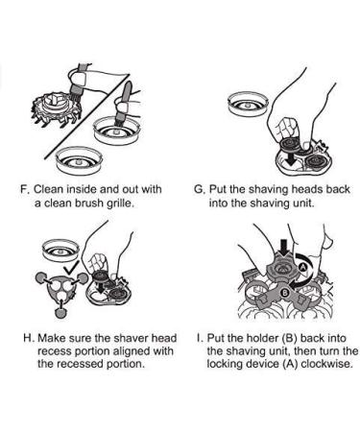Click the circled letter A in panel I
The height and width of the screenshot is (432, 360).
(x=302, y=267)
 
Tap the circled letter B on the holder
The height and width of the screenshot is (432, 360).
(x=284, y=292)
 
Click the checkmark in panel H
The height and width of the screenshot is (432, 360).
(x=72, y=267)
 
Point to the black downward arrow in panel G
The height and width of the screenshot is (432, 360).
(x=291, y=158)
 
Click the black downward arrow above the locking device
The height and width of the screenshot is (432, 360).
(x=283, y=248)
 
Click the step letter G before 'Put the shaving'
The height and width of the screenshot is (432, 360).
(x=199, y=189)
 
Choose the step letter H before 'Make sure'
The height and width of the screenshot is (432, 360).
(x=28, y=338)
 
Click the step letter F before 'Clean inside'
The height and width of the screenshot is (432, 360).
(x=25, y=189)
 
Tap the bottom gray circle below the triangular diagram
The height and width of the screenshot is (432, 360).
(x=60, y=313)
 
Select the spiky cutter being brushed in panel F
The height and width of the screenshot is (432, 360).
(x=57, y=108)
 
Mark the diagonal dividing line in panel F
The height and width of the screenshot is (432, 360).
(x=86, y=116)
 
